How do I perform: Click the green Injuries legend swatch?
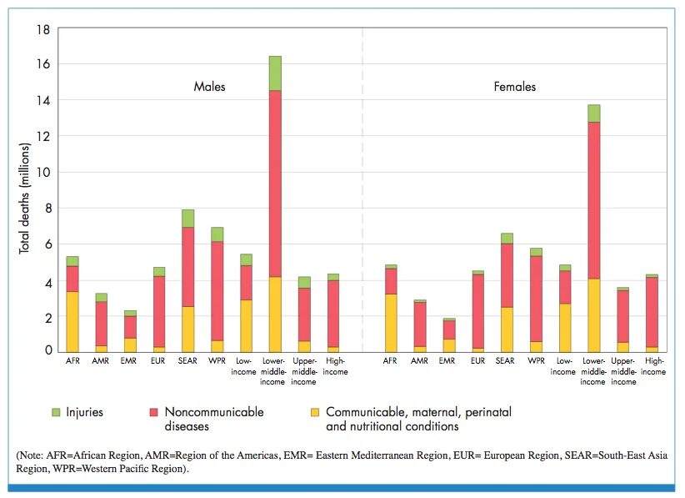56,412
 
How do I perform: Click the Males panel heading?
209,87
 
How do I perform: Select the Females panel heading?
514,87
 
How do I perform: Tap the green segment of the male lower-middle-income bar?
275,73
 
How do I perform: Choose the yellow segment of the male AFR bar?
72,321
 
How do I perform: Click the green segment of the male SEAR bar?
188,218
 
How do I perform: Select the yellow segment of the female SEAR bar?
507,329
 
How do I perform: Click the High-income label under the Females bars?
654,367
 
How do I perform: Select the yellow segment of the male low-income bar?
246,325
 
